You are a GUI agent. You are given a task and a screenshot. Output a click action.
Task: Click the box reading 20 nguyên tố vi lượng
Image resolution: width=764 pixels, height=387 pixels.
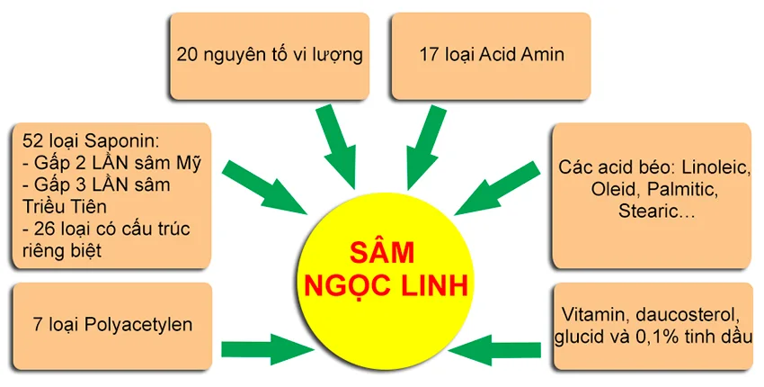tap(269, 55)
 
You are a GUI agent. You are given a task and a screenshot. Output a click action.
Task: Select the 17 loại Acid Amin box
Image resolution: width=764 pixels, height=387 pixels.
tap(493, 55)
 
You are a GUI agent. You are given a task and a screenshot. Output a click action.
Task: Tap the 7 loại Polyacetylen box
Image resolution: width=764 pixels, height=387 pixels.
tap(110, 325)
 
